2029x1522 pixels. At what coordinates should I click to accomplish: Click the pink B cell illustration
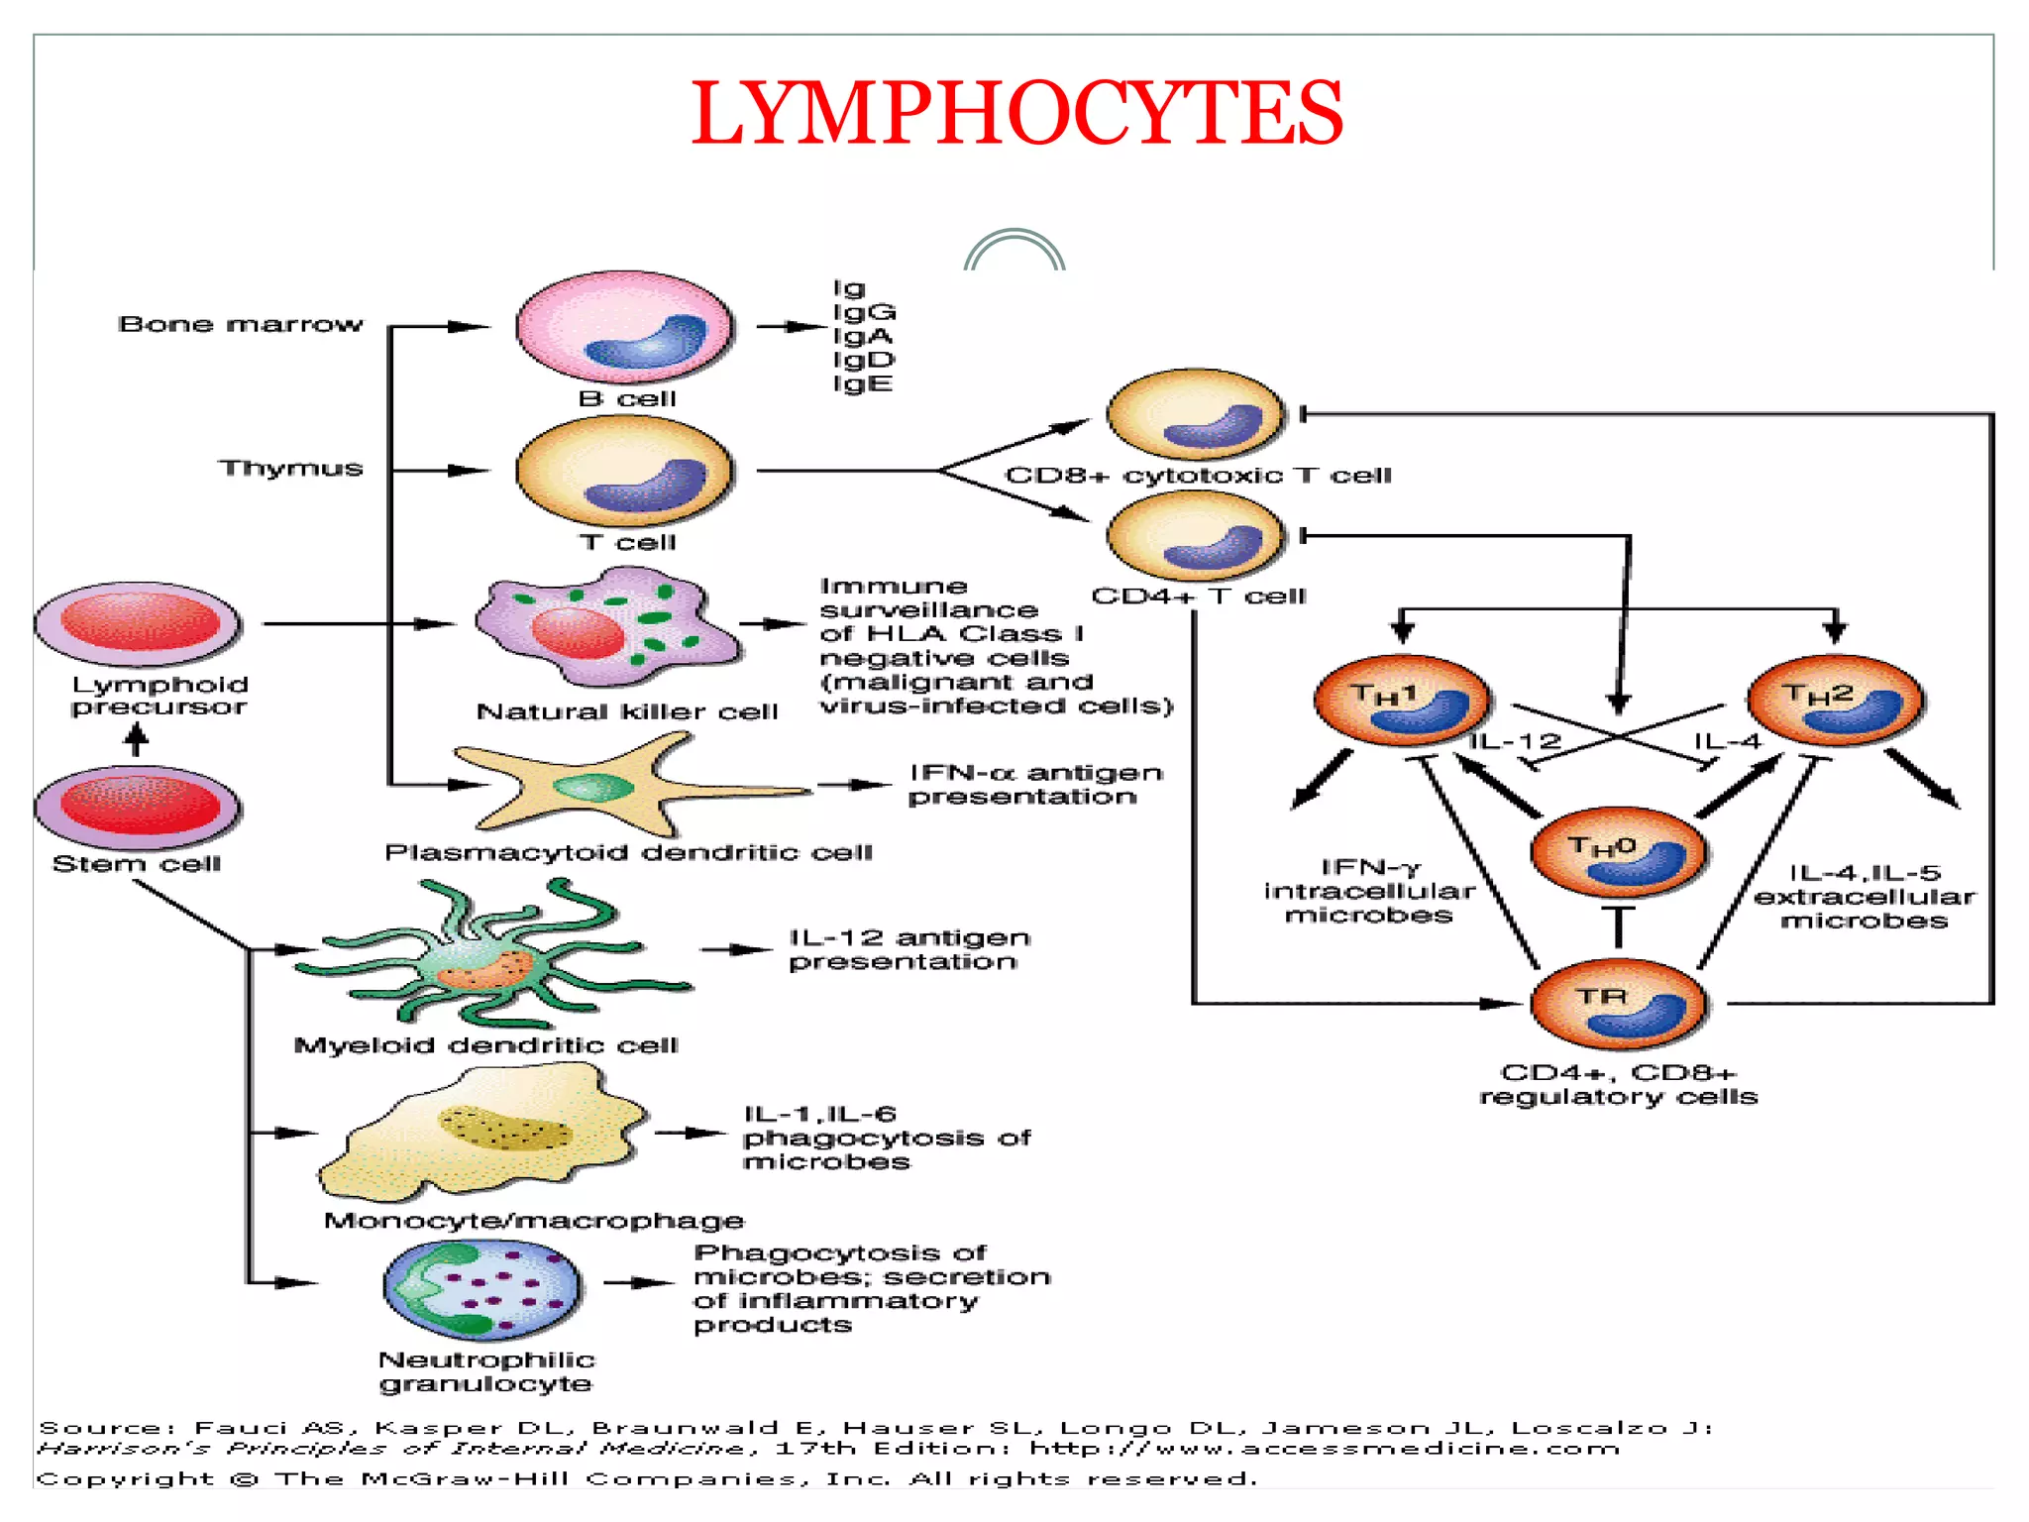click(x=624, y=327)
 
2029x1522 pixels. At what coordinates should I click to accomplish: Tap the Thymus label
click(x=291, y=468)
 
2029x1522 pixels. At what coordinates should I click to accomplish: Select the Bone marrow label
click(x=240, y=324)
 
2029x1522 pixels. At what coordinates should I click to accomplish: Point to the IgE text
click(x=862, y=383)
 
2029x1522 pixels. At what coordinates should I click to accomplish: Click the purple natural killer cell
click(x=604, y=626)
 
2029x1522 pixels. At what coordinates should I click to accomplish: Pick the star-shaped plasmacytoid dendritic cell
click(x=594, y=787)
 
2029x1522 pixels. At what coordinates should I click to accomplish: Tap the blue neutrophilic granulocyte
click(x=482, y=1289)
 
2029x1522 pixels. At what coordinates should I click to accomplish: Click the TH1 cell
click(x=1401, y=702)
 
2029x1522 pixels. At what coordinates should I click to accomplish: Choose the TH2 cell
click(x=1835, y=702)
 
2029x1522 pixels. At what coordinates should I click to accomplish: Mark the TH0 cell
click(x=1618, y=853)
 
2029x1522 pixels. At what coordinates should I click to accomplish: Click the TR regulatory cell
click(x=1618, y=1004)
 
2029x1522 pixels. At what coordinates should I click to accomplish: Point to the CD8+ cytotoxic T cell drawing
click(x=1195, y=415)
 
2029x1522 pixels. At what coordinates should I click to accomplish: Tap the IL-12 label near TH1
click(x=1515, y=741)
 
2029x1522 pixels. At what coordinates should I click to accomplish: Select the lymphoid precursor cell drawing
click(x=138, y=624)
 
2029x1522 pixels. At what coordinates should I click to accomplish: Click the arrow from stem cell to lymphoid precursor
click(x=137, y=739)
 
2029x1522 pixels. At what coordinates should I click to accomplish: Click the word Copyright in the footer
click(x=125, y=1478)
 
